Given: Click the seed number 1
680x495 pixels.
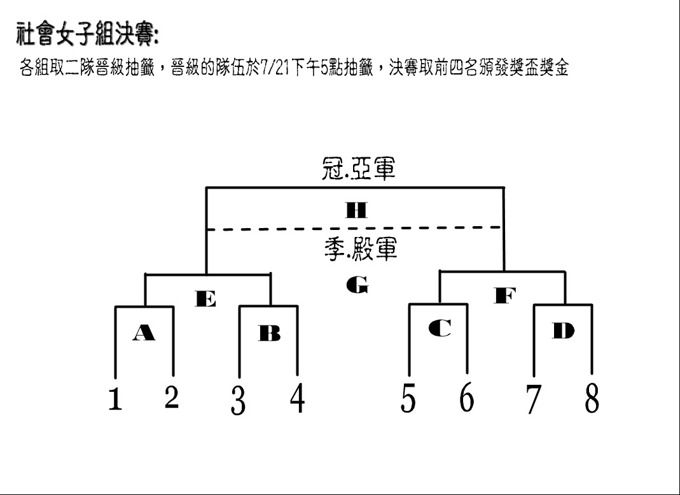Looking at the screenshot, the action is (x=115, y=399).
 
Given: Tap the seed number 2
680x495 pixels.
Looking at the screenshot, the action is (x=172, y=397).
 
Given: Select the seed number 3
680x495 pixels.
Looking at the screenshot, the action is (x=238, y=400).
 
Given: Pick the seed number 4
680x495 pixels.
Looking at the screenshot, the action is (x=298, y=398).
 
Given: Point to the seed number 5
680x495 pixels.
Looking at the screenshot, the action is (x=408, y=398).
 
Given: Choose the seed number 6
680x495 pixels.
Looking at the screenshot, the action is (x=467, y=397).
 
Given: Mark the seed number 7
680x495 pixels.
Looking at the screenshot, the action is (x=534, y=399).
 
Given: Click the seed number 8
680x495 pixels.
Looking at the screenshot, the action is (x=592, y=398).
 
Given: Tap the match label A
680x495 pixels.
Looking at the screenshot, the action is (x=144, y=333).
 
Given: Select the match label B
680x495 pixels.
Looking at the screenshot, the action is (x=269, y=333).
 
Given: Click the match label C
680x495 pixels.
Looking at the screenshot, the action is (x=440, y=328).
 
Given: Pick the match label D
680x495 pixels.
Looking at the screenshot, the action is (x=564, y=331).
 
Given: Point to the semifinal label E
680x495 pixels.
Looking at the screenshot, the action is (x=205, y=299).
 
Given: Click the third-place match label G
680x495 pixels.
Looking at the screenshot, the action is (x=357, y=285).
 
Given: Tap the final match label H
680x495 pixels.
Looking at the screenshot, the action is (x=356, y=210).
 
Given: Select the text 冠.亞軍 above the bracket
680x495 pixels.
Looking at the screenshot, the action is (x=358, y=168).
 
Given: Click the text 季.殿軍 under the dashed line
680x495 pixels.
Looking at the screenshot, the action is (x=361, y=249).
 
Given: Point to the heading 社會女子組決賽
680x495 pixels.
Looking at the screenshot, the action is (x=87, y=34).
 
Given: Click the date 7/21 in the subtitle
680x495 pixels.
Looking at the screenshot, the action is (x=275, y=68).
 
